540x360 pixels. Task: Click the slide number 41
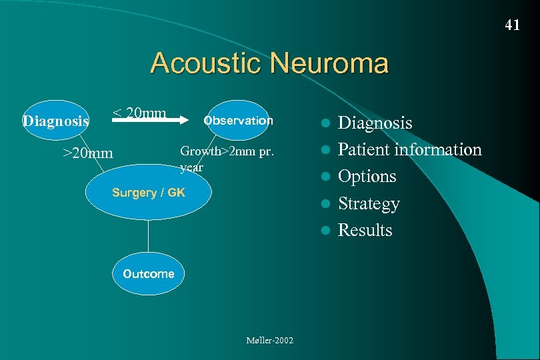point(512,25)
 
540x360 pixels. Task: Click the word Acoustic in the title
point(207,63)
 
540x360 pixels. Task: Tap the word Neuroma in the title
point(329,63)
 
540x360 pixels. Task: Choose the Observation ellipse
point(238,121)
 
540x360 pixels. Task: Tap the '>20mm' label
point(88,153)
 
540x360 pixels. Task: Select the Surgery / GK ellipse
point(149,193)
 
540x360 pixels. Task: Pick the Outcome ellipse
point(148,273)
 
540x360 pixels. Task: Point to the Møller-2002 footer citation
point(270,341)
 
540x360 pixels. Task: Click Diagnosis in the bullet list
point(375,123)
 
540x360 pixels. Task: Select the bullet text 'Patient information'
point(409,149)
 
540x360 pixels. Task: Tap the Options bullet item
point(367,177)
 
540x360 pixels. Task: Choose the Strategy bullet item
point(369,203)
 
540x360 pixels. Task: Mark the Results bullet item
point(365,230)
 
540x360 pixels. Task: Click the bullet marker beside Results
point(325,231)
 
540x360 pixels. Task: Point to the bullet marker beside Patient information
point(325,150)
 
